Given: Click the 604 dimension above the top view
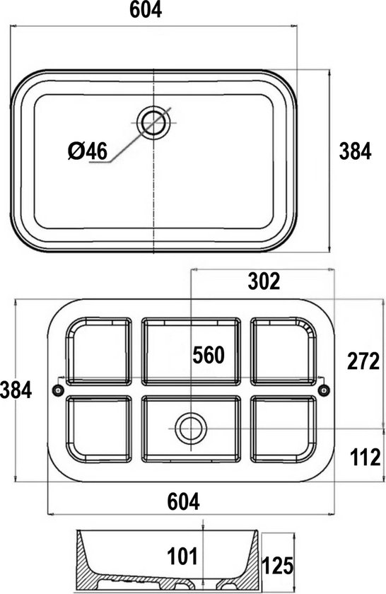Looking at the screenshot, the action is tap(146, 10).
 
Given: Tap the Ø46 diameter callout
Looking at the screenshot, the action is tap(88, 151).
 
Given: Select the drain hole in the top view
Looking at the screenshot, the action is tap(153, 123).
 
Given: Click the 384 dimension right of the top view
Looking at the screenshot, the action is tap(355, 151).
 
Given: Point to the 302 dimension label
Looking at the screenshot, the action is tap(264, 281).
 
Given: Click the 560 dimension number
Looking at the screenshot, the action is tap(209, 355).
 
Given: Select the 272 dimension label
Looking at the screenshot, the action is tap(363, 361).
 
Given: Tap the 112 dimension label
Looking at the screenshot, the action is tap(365, 458).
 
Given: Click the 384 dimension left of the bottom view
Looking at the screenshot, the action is tap(16, 390).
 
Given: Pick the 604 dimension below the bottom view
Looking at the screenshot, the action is tap(183, 501).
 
